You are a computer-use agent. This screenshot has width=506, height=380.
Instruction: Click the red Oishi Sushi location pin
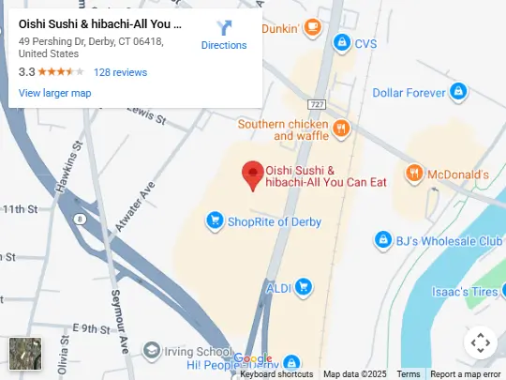[x=252, y=174]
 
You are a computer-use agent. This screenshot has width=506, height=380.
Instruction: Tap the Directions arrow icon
[x=224, y=28]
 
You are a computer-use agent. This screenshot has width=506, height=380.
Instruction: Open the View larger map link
[x=55, y=93]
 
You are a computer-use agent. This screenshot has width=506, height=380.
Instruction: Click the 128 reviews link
[x=120, y=72]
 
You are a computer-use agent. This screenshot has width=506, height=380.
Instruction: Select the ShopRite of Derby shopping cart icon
[x=215, y=221]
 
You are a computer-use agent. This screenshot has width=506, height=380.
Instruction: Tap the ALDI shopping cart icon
[x=303, y=286]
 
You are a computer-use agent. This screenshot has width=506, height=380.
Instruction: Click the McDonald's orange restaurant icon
[x=412, y=174]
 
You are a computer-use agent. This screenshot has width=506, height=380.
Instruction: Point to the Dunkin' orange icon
[x=313, y=28]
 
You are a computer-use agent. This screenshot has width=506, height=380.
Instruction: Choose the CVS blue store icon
[x=342, y=43]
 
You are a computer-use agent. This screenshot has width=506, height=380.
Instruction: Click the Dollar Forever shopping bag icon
[x=458, y=92]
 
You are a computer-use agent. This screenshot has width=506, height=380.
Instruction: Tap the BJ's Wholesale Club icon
[x=382, y=241]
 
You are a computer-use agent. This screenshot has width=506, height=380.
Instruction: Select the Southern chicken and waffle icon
[x=342, y=125]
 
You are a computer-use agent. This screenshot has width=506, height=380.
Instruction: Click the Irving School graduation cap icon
[x=151, y=350]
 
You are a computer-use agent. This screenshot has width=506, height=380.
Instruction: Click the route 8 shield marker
[x=81, y=219]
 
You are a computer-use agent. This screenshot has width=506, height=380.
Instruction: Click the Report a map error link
[x=466, y=374]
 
